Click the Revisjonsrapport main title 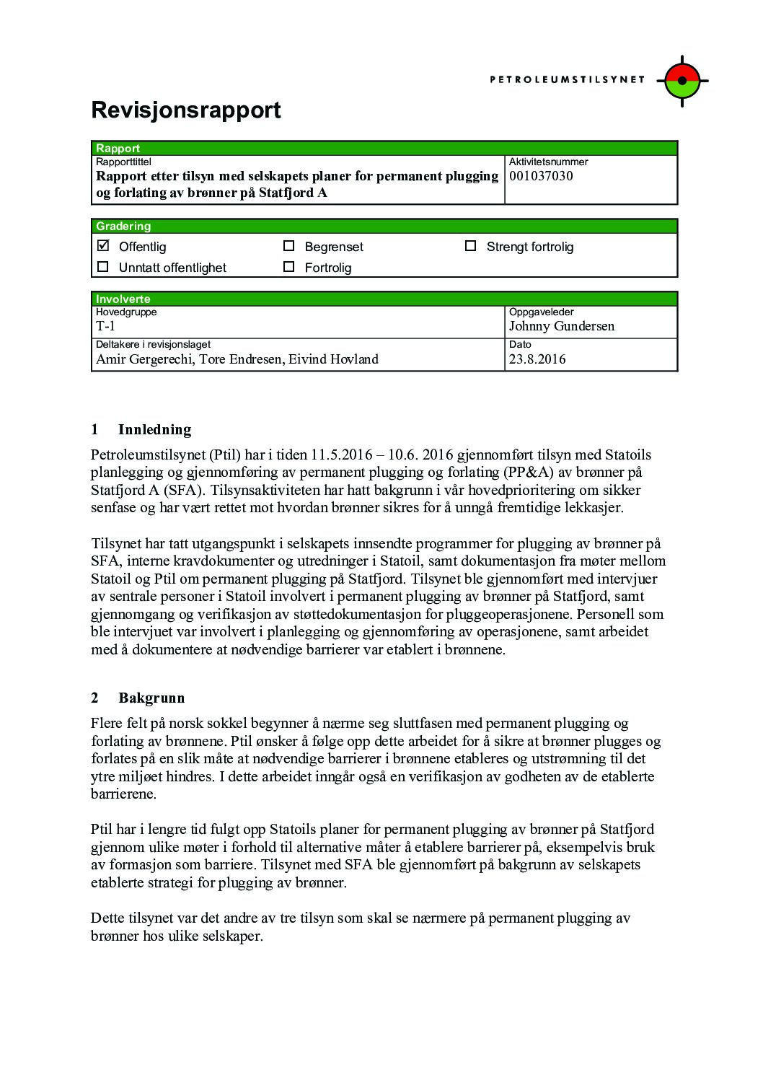click(185, 110)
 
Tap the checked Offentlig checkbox click(103, 245)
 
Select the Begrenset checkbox click(289, 246)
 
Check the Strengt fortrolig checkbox click(471, 246)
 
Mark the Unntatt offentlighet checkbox click(103, 267)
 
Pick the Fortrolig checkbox click(289, 267)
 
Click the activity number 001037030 click(541, 176)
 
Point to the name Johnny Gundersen click(561, 326)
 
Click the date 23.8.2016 click(537, 359)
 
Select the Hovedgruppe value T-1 click(105, 326)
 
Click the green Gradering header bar click(384, 226)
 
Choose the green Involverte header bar click(384, 299)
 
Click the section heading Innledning click(154, 430)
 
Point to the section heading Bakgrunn click(151, 698)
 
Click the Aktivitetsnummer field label click(548, 162)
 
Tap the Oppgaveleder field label click(541, 312)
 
